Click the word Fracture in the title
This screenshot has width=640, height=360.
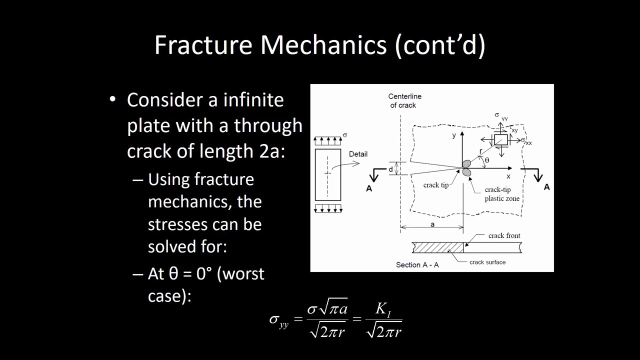click(x=203, y=45)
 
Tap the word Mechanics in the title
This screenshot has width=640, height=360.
click(x=324, y=45)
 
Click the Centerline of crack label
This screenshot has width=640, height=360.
click(x=404, y=101)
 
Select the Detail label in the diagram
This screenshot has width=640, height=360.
click(x=358, y=154)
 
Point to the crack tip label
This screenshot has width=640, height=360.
click(x=436, y=185)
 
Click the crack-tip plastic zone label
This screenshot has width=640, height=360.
click(x=501, y=194)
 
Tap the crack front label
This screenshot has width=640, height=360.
click(x=504, y=235)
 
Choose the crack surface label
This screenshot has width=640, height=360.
click(x=487, y=262)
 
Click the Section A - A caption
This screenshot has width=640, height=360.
click(x=417, y=264)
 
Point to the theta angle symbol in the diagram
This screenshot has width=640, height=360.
click(x=486, y=160)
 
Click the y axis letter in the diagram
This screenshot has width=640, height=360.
click(x=454, y=135)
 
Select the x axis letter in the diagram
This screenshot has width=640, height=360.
click(x=508, y=176)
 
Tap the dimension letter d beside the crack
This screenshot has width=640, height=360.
click(x=390, y=169)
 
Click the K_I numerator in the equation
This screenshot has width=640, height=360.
click(x=383, y=309)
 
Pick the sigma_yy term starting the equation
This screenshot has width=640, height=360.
click(x=279, y=320)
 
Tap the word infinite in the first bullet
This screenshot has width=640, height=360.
click(x=253, y=99)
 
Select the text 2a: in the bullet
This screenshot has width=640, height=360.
click(x=272, y=150)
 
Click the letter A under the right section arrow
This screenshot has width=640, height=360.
click(x=546, y=186)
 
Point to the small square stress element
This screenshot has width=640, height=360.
click(x=500, y=140)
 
